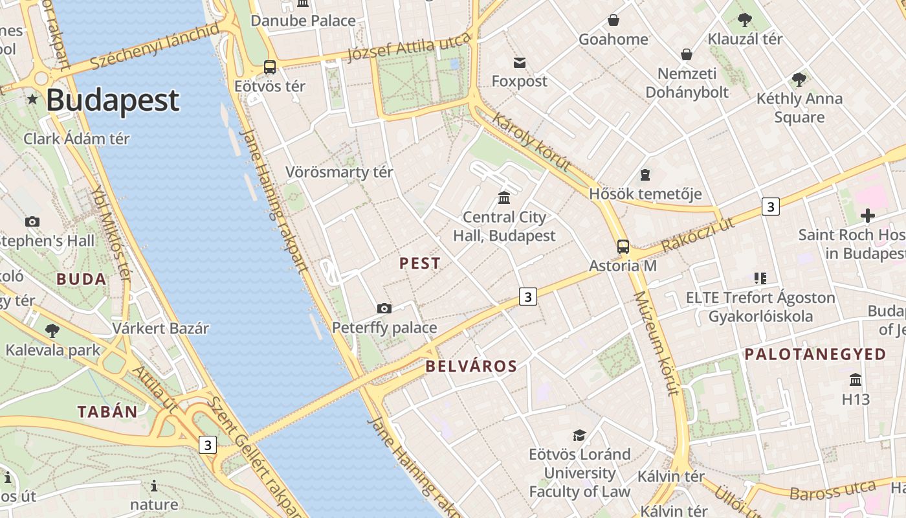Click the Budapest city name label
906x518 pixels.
pyautogui.click(x=113, y=100)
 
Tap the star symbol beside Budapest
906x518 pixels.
pyautogui.click(x=32, y=99)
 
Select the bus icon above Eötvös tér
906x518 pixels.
pyautogui.click(x=270, y=67)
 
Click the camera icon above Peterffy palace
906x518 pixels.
pyautogui.click(x=384, y=308)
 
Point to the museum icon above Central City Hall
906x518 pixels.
pyautogui.click(x=504, y=197)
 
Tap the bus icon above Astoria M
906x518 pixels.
pyautogui.click(x=623, y=246)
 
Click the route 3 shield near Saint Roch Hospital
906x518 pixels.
pyautogui.click(x=769, y=207)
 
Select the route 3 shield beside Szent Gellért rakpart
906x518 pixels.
pyautogui.click(x=207, y=445)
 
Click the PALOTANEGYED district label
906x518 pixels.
pyautogui.click(x=815, y=354)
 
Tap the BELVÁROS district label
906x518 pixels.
pyautogui.click(x=471, y=366)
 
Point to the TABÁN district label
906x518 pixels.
pyautogui.click(x=107, y=411)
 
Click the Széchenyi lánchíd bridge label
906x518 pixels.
pyautogui.click(x=155, y=47)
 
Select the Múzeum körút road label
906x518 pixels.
pyautogui.click(x=656, y=343)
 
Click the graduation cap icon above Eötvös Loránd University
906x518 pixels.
pyautogui.click(x=579, y=435)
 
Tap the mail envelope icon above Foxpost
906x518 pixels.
pyautogui.click(x=519, y=63)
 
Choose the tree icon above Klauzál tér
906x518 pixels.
pyautogui.click(x=744, y=20)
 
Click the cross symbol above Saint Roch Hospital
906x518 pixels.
pyautogui.click(x=867, y=216)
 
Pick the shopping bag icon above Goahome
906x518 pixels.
pyautogui.click(x=613, y=21)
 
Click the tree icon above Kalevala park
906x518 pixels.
pyautogui.click(x=52, y=331)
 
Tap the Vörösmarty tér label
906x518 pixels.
pyautogui.click(x=339, y=172)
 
